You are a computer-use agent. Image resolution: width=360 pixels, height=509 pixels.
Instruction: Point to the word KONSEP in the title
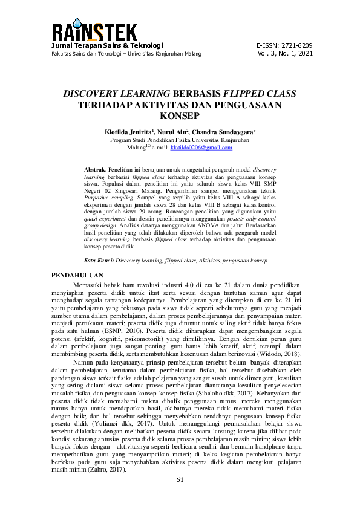(180, 115)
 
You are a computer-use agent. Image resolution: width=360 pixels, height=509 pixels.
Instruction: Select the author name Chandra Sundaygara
(229, 131)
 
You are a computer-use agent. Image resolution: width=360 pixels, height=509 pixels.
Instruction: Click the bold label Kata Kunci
(98, 260)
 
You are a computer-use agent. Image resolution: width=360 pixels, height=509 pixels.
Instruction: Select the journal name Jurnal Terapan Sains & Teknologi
(107, 45)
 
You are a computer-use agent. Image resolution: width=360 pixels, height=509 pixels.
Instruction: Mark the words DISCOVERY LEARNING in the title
(117, 94)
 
